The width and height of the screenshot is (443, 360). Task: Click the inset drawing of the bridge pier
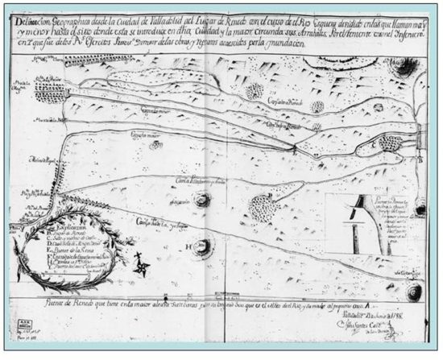coord(359,217)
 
